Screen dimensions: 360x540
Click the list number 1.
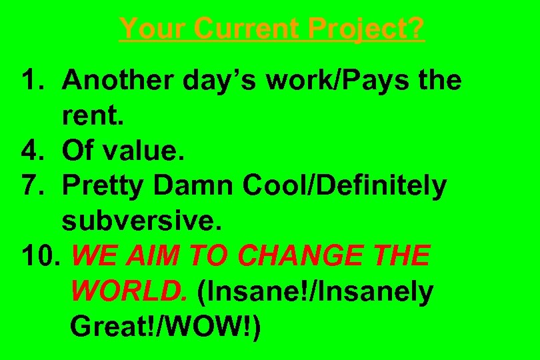point(31,81)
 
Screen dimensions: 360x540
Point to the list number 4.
point(31,151)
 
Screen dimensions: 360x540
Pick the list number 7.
point(31,187)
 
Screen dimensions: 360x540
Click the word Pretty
point(103,187)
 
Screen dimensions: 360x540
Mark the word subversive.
point(141,221)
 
